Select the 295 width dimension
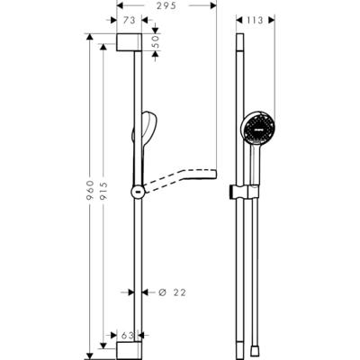[x=164, y=4]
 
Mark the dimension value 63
[x=128, y=336]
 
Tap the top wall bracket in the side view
[x=128, y=44]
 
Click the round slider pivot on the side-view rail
[x=136, y=191]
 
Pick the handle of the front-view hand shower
[x=255, y=166]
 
